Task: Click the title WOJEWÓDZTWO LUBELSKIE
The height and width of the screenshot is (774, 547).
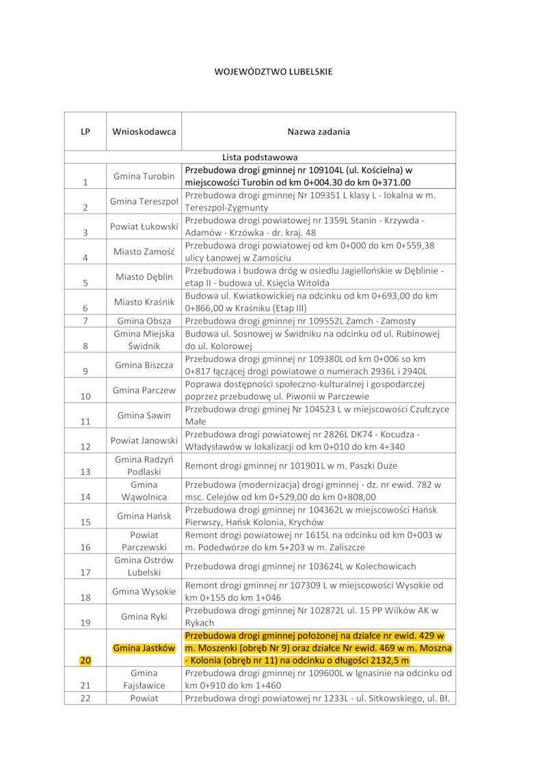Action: [273, 71]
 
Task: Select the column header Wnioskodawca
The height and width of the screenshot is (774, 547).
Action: [144, 131]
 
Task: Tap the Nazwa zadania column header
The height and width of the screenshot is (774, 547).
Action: [319, 131]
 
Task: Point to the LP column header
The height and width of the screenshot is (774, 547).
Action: [85, 131]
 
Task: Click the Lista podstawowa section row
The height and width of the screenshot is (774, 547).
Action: [260, 157]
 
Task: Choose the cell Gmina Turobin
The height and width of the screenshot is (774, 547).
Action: [144, 176]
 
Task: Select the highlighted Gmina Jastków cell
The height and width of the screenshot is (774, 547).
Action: [144, 647]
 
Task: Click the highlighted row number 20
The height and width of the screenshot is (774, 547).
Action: [85, 660]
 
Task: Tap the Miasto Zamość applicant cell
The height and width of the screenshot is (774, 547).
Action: [144, 251]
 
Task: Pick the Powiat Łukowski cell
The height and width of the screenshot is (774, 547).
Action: [144, 226]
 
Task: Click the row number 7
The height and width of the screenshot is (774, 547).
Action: [85, 320]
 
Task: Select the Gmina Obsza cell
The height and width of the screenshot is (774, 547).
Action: [144, 320]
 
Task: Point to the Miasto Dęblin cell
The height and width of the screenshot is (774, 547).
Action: [144, 276]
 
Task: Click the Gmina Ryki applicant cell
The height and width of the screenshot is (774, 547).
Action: [144, 617]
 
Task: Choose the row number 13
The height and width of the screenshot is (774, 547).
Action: [85, 472]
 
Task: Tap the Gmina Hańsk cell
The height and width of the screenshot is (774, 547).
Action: [144, 515]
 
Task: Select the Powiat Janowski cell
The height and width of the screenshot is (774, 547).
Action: [144, 440]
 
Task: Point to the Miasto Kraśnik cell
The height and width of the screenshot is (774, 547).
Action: [144, 302]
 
